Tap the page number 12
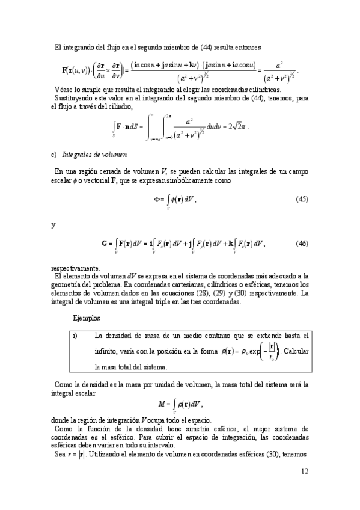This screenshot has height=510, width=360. tap(304, 487)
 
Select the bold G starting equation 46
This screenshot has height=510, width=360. tap(106, 244)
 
